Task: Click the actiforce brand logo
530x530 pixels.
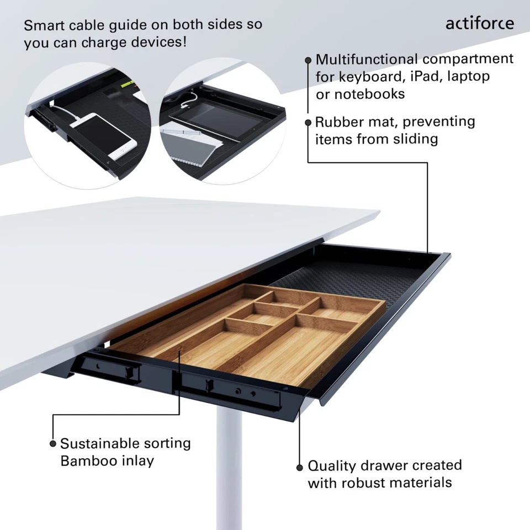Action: [479, 23]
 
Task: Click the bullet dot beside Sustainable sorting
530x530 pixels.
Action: [53, 443]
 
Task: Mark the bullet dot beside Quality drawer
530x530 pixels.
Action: [300, 467]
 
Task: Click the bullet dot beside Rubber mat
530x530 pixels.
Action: [308, 122]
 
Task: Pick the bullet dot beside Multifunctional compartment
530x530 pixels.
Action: [308, 60]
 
